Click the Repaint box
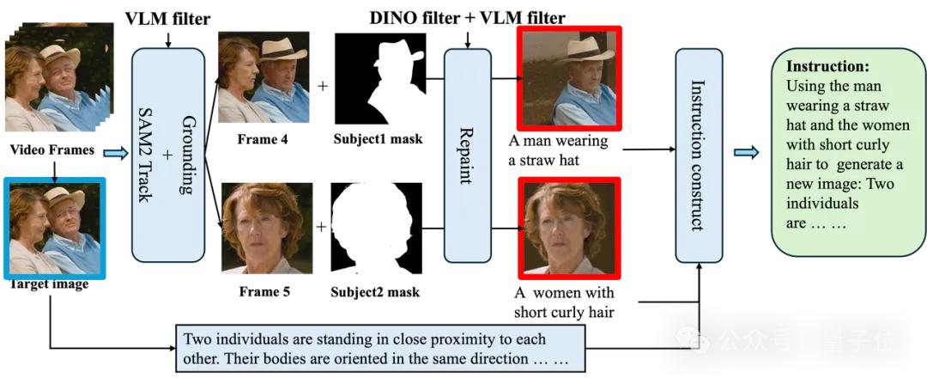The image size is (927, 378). [467, 155]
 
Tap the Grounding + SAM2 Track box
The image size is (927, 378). [168, 155]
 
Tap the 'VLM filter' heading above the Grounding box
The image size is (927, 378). [169, 18]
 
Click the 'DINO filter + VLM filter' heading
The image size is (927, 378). [468, 17]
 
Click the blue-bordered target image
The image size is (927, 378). [55, 228]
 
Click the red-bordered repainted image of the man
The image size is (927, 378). [569, 78]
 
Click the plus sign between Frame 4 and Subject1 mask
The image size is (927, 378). [323, 86]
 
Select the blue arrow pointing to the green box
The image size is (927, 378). [746, 153]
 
